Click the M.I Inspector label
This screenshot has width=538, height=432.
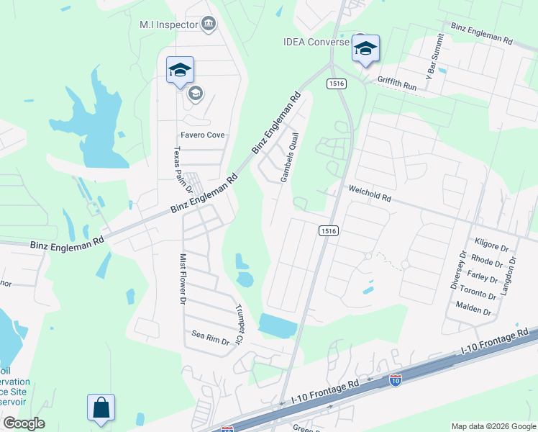(168, 24)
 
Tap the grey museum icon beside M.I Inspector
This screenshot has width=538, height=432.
(209, 24)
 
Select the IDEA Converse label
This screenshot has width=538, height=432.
(315, 41)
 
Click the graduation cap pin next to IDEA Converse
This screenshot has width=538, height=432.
(365, 49)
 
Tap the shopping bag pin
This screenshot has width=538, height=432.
(101, 408)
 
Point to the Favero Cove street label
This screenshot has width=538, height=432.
(202, 135)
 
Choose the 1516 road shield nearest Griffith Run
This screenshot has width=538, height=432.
(337, 84)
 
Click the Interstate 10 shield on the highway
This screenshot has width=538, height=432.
(396, 379)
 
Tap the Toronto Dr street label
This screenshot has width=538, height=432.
(477, 295)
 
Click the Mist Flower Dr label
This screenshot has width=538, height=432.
(183, 277)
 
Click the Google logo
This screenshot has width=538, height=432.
(24, 423)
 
